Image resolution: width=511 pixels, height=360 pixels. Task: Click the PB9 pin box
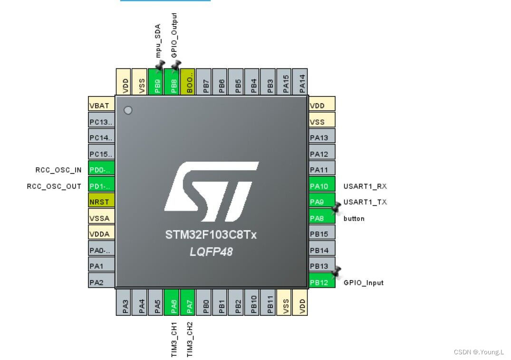point(157,82)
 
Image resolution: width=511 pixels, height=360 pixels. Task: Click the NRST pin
point(101,202)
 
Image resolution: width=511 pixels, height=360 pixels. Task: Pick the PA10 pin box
point(322,186)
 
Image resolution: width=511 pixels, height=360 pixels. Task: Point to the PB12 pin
point(322,282)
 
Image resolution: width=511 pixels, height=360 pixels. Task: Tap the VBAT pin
point(101,106)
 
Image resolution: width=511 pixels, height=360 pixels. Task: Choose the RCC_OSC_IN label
point(58,170)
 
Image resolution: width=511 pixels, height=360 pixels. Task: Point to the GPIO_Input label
point(363,283)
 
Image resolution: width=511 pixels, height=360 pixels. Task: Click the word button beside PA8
point(354,219)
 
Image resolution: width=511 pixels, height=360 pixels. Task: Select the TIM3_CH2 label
point(190,339)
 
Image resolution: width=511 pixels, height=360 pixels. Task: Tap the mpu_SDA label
point(158,40)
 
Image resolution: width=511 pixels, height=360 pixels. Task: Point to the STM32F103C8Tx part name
point(211,235)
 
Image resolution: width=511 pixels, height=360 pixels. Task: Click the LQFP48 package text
point(211,252)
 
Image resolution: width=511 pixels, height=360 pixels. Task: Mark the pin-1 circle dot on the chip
point(128,110)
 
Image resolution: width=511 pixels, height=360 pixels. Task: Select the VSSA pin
point(101,218)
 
